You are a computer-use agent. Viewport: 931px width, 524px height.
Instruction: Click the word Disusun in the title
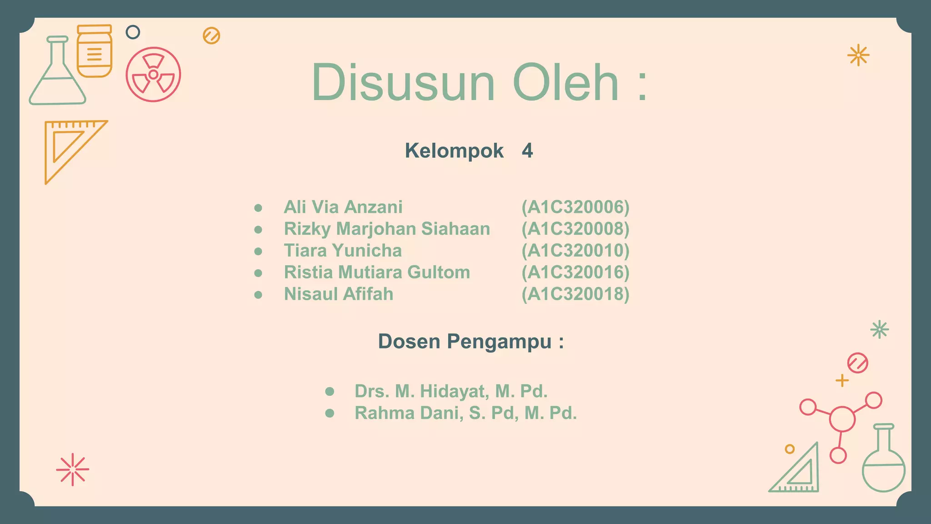click(x=403, y=83)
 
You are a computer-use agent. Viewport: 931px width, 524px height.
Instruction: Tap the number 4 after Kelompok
click(x=527, y=151)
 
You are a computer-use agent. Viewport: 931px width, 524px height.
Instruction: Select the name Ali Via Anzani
click(x=343, y=207)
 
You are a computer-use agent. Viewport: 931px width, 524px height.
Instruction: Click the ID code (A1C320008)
click(x=575, y=229)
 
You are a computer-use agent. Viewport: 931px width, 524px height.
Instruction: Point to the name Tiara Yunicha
click(x=343, y=251)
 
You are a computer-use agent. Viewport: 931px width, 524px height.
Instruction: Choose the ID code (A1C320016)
click(x=575, y=272)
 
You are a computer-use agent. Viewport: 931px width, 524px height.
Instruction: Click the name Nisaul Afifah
click(x=339, y=294)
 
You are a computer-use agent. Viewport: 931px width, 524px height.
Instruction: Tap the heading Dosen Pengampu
click(x=471, y=342)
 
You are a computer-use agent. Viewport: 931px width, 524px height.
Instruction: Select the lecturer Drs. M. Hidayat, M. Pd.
click(x=451, y=391)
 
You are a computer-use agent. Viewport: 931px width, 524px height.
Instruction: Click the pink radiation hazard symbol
click(x=153, y=74)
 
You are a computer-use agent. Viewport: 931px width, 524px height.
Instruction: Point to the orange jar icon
click(x=94, y=51)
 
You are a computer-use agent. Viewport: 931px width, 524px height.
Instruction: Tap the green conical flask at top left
click(x=57, y=75)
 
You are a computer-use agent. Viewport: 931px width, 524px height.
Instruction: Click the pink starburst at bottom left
click(x=73, y=469)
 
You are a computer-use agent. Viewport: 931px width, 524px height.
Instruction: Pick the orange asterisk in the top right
click(x=858, y=55)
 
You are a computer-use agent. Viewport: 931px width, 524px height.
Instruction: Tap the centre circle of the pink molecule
click(x=842, y=419)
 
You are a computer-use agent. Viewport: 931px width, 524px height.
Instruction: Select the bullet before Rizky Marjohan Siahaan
click(x=258, y=229)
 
